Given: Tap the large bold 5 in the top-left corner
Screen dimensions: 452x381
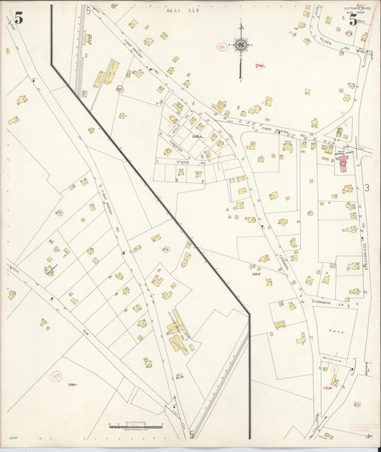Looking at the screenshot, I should (x=18, y=18).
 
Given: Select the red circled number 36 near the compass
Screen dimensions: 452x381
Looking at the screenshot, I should (x=222, y=46).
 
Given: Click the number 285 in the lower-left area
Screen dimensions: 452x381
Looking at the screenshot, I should (x=71, y=385).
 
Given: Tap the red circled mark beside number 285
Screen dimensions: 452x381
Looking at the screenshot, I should (x=56, y=375).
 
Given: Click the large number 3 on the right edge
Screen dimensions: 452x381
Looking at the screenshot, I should (x=367, y=188).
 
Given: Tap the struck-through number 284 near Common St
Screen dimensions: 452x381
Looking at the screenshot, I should (x=255, y=273).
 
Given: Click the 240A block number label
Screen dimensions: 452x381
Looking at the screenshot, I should (x=197, y=136).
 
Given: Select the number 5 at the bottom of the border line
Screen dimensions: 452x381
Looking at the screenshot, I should (x=192, y=433).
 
